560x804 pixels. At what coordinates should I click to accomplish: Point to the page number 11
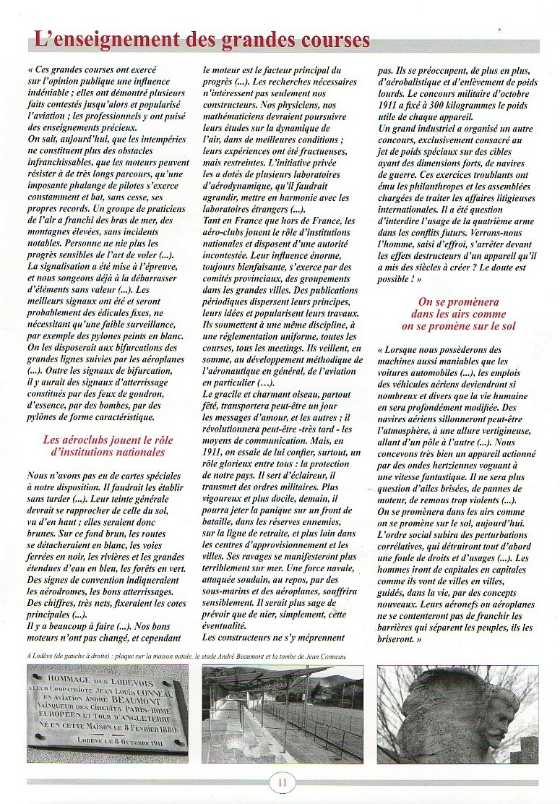click(x=280, y=782)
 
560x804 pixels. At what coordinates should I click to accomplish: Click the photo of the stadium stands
click(x=283, y=714)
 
